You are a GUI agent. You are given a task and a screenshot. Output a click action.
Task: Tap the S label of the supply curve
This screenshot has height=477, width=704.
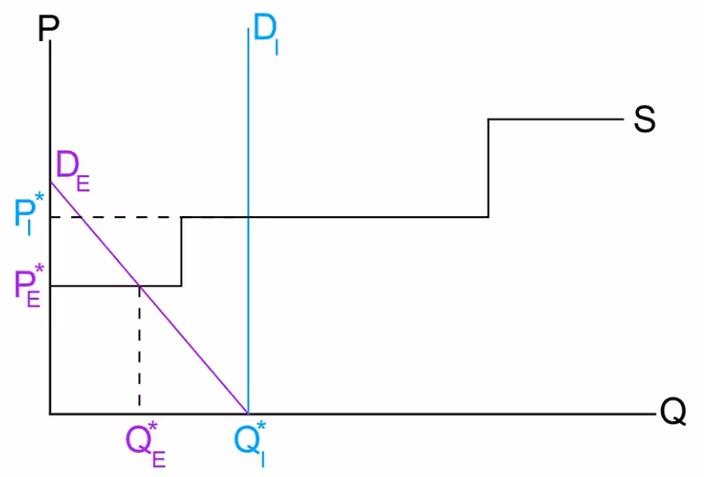644,119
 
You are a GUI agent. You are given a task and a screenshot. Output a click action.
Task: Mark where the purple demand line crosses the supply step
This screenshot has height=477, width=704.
140,285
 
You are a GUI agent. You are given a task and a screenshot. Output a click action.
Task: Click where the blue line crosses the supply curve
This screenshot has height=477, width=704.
248,217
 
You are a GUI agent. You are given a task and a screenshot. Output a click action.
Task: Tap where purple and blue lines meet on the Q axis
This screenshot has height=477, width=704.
248,413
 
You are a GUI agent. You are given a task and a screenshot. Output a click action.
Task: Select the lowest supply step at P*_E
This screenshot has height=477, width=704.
93,285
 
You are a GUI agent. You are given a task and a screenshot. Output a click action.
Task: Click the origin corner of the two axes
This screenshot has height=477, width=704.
50,413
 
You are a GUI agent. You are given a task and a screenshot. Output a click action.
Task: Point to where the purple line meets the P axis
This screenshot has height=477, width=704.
50,180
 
